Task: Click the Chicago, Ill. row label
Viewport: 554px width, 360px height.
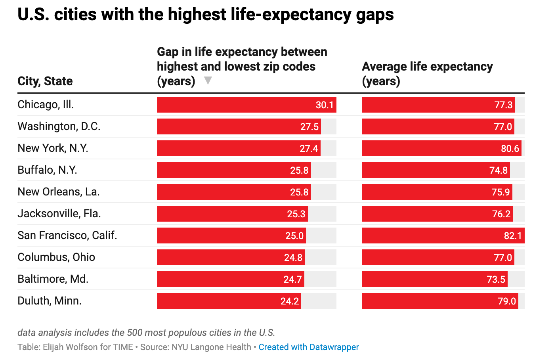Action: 46,105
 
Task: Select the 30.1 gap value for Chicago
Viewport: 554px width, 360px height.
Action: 325,105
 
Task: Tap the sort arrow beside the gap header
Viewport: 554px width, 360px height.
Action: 208,81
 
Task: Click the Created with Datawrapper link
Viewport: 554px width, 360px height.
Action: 308,347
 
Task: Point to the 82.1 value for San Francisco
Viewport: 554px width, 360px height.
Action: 513,236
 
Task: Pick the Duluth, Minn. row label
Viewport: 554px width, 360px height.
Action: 50,301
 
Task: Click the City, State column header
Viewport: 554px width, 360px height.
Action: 45,81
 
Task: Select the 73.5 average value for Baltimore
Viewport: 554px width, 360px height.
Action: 496,280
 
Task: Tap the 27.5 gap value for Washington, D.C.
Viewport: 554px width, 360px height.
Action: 309,127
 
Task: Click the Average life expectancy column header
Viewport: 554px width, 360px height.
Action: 427,74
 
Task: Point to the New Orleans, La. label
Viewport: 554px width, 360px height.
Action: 59,192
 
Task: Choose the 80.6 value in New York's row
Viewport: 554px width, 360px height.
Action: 510,149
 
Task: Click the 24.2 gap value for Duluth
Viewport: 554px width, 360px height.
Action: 289,301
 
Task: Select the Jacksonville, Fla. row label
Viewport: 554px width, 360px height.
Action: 59,214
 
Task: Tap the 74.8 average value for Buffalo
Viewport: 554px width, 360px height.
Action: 498,170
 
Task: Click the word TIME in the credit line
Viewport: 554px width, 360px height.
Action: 123,347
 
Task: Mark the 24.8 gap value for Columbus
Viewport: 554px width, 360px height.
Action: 293,258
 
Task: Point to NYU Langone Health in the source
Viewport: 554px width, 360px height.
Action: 211,347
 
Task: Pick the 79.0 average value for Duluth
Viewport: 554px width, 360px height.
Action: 507,301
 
